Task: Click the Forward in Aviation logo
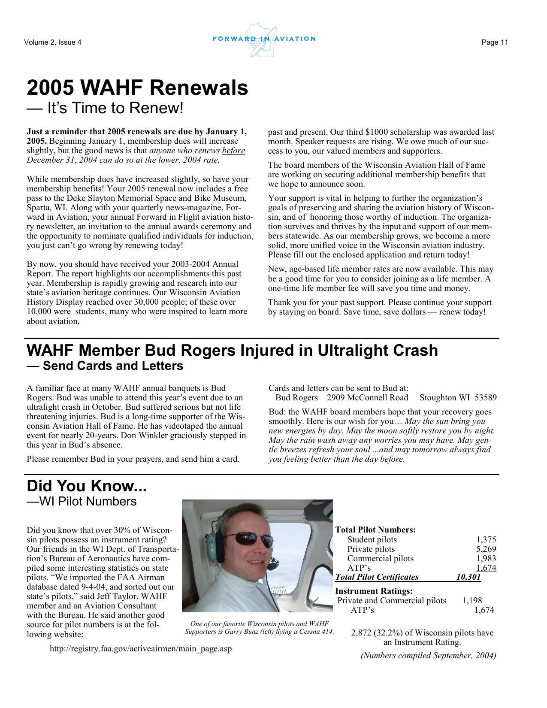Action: tap(264, 39)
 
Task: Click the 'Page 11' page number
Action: tap(495, 42)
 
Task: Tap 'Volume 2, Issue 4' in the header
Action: tap(53, 42)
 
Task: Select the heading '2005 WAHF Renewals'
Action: tap(137, 88)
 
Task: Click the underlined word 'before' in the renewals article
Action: tap(233, 151)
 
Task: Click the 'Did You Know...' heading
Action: tap(87, 486)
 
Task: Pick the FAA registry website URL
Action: tap(141, 649)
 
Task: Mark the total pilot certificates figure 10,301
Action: tap(468, 577)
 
